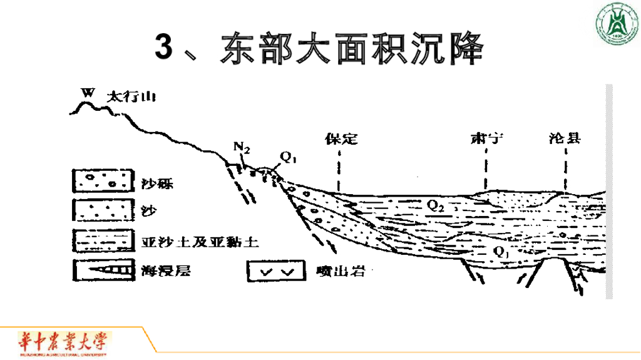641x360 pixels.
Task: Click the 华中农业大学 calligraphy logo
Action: click(63, 343)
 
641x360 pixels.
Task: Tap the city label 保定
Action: click(341, 138)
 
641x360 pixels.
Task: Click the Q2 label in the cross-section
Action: click(436, 204)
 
